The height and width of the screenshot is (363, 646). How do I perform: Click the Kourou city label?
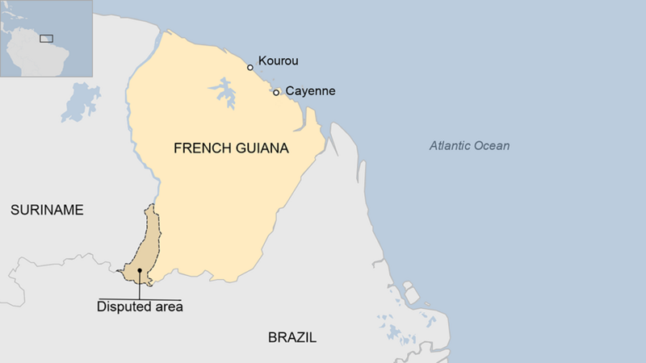[279, 61]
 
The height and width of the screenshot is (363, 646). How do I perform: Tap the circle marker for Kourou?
[250, 68]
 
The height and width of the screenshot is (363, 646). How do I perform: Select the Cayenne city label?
[310, 91]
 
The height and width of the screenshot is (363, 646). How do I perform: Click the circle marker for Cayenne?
[276, 93]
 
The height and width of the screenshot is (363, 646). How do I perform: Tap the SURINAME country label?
[47, 210]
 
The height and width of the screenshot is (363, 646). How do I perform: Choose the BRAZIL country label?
[292, 337]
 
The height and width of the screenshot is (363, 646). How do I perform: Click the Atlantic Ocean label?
[469, 146]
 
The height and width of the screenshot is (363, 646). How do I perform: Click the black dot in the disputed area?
[140, 271]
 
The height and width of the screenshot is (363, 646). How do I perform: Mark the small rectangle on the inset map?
[47, 38]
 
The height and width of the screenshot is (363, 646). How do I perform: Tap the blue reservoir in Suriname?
[79, 102]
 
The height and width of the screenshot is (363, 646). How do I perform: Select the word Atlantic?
[451, 146]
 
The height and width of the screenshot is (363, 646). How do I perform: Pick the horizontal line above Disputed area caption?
[140, 298]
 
